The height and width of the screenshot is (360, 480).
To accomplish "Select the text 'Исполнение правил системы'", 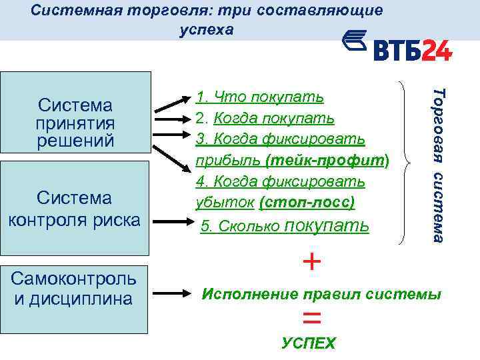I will point(321,294).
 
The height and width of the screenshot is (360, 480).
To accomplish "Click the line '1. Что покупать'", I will point(259,97).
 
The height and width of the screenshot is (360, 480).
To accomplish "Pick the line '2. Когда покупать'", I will point(265,118).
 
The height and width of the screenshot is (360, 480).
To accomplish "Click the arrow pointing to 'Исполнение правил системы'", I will point(174,293).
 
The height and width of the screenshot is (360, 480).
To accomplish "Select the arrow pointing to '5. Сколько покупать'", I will point(174,221).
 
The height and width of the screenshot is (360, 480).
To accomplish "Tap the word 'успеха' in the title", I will point(207,30).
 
